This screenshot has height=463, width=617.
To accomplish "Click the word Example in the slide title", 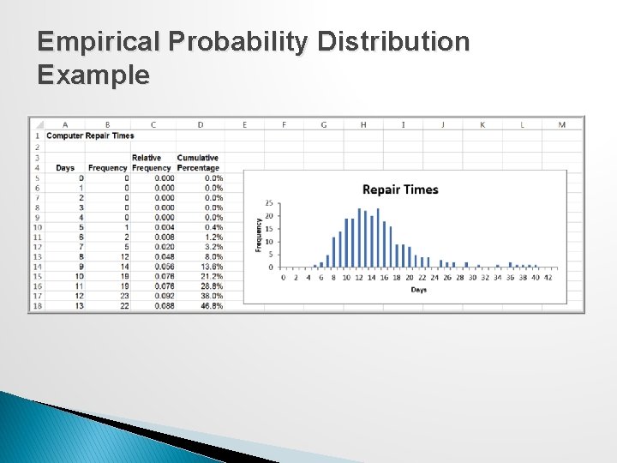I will point(93,75).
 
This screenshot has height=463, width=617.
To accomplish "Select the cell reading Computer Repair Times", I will point(90,135).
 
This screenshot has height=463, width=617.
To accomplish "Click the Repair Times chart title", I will point(400,189).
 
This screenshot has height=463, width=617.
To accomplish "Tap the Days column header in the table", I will point(65,168).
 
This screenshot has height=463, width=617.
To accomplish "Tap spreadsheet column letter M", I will point(561,124).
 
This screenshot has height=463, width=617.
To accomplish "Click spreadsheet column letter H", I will point(362,124).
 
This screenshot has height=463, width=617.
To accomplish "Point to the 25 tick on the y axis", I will point(269,203).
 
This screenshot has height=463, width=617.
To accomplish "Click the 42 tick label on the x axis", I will point(548,277).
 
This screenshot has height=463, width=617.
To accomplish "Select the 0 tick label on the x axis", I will point(283,277).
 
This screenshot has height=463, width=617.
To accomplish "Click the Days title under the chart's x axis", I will point(417,290).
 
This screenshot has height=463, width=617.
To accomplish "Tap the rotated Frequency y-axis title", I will point(259,234).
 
